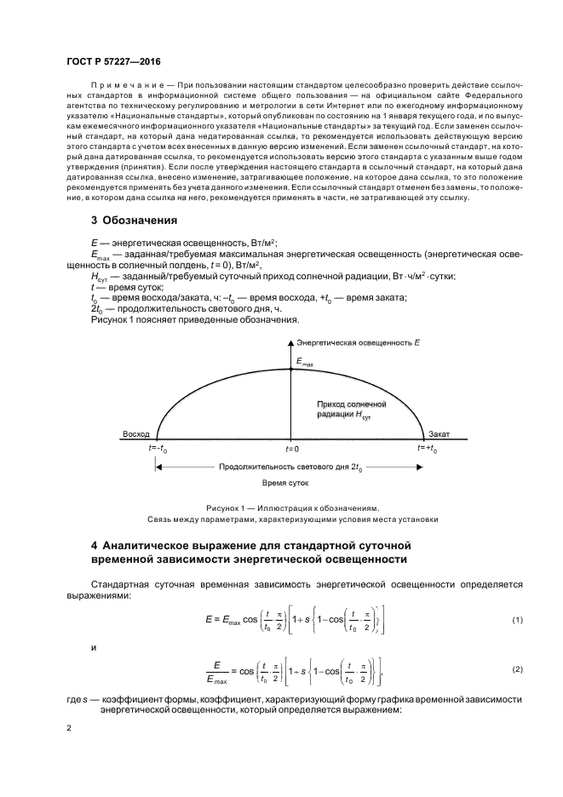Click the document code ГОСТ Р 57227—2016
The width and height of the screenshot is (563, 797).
coord(113,63)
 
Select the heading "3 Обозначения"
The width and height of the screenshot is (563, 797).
coord(134,221)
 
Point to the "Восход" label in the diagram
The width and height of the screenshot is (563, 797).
coord(136,433)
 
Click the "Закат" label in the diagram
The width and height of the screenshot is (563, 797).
coord(439,433)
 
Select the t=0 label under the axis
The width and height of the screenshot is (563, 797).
coord(291,448)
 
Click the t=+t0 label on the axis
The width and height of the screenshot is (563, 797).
coord(427,448)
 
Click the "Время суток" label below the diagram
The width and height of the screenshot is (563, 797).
coord(285,482)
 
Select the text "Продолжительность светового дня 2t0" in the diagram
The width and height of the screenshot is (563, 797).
coord(290,467)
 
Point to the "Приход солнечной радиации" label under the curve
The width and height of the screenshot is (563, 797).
coord(352,408)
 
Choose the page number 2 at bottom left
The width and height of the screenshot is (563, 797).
coord(70,728)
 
